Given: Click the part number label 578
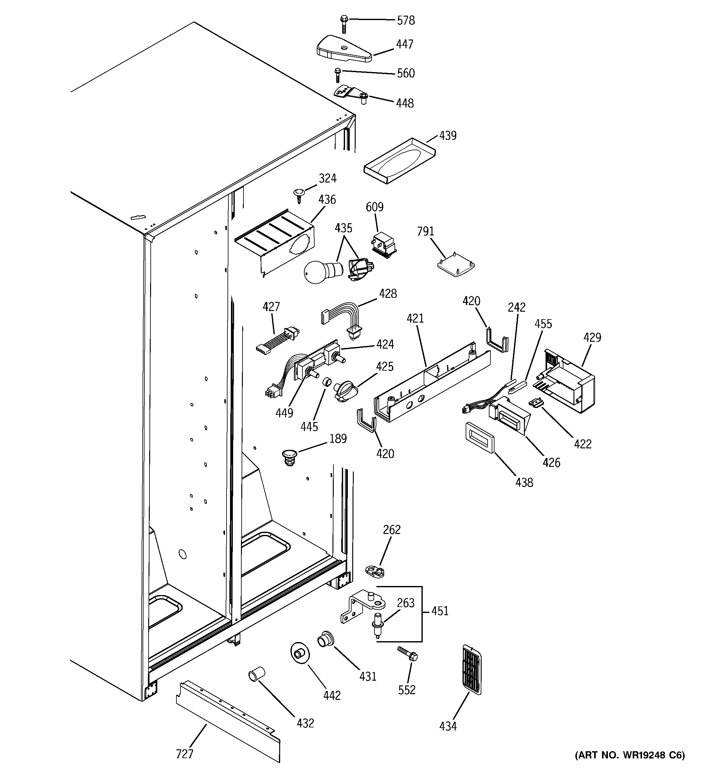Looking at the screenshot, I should [406, 20].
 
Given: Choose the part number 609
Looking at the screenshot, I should [374, 207].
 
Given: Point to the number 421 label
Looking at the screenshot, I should [415, 319].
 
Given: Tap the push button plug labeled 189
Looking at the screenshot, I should [289, 457].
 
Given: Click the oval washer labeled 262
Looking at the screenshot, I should [375, 571].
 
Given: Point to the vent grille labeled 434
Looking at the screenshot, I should [471, 669].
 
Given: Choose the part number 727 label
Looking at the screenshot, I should [185, 754].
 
